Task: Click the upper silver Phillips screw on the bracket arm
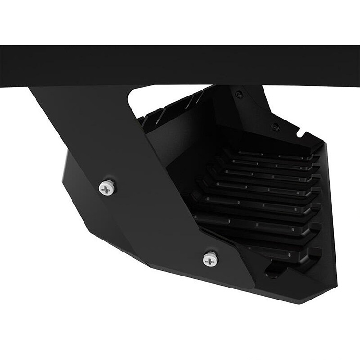107,188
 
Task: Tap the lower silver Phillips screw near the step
210,260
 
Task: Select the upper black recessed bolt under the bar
239,95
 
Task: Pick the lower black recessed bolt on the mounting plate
275,127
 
